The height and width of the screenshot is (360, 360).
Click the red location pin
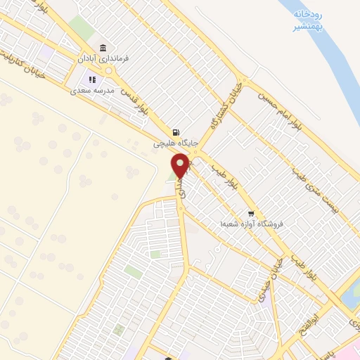pyautogui.click(x=181, y=166)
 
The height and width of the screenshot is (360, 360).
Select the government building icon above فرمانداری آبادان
pyautogui.click(x=103, y=48)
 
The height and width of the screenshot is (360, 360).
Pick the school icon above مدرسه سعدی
pyautogui.click(x=91, y=79)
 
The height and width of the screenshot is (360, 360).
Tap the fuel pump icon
pyautogui.click(x=175, y=131)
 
